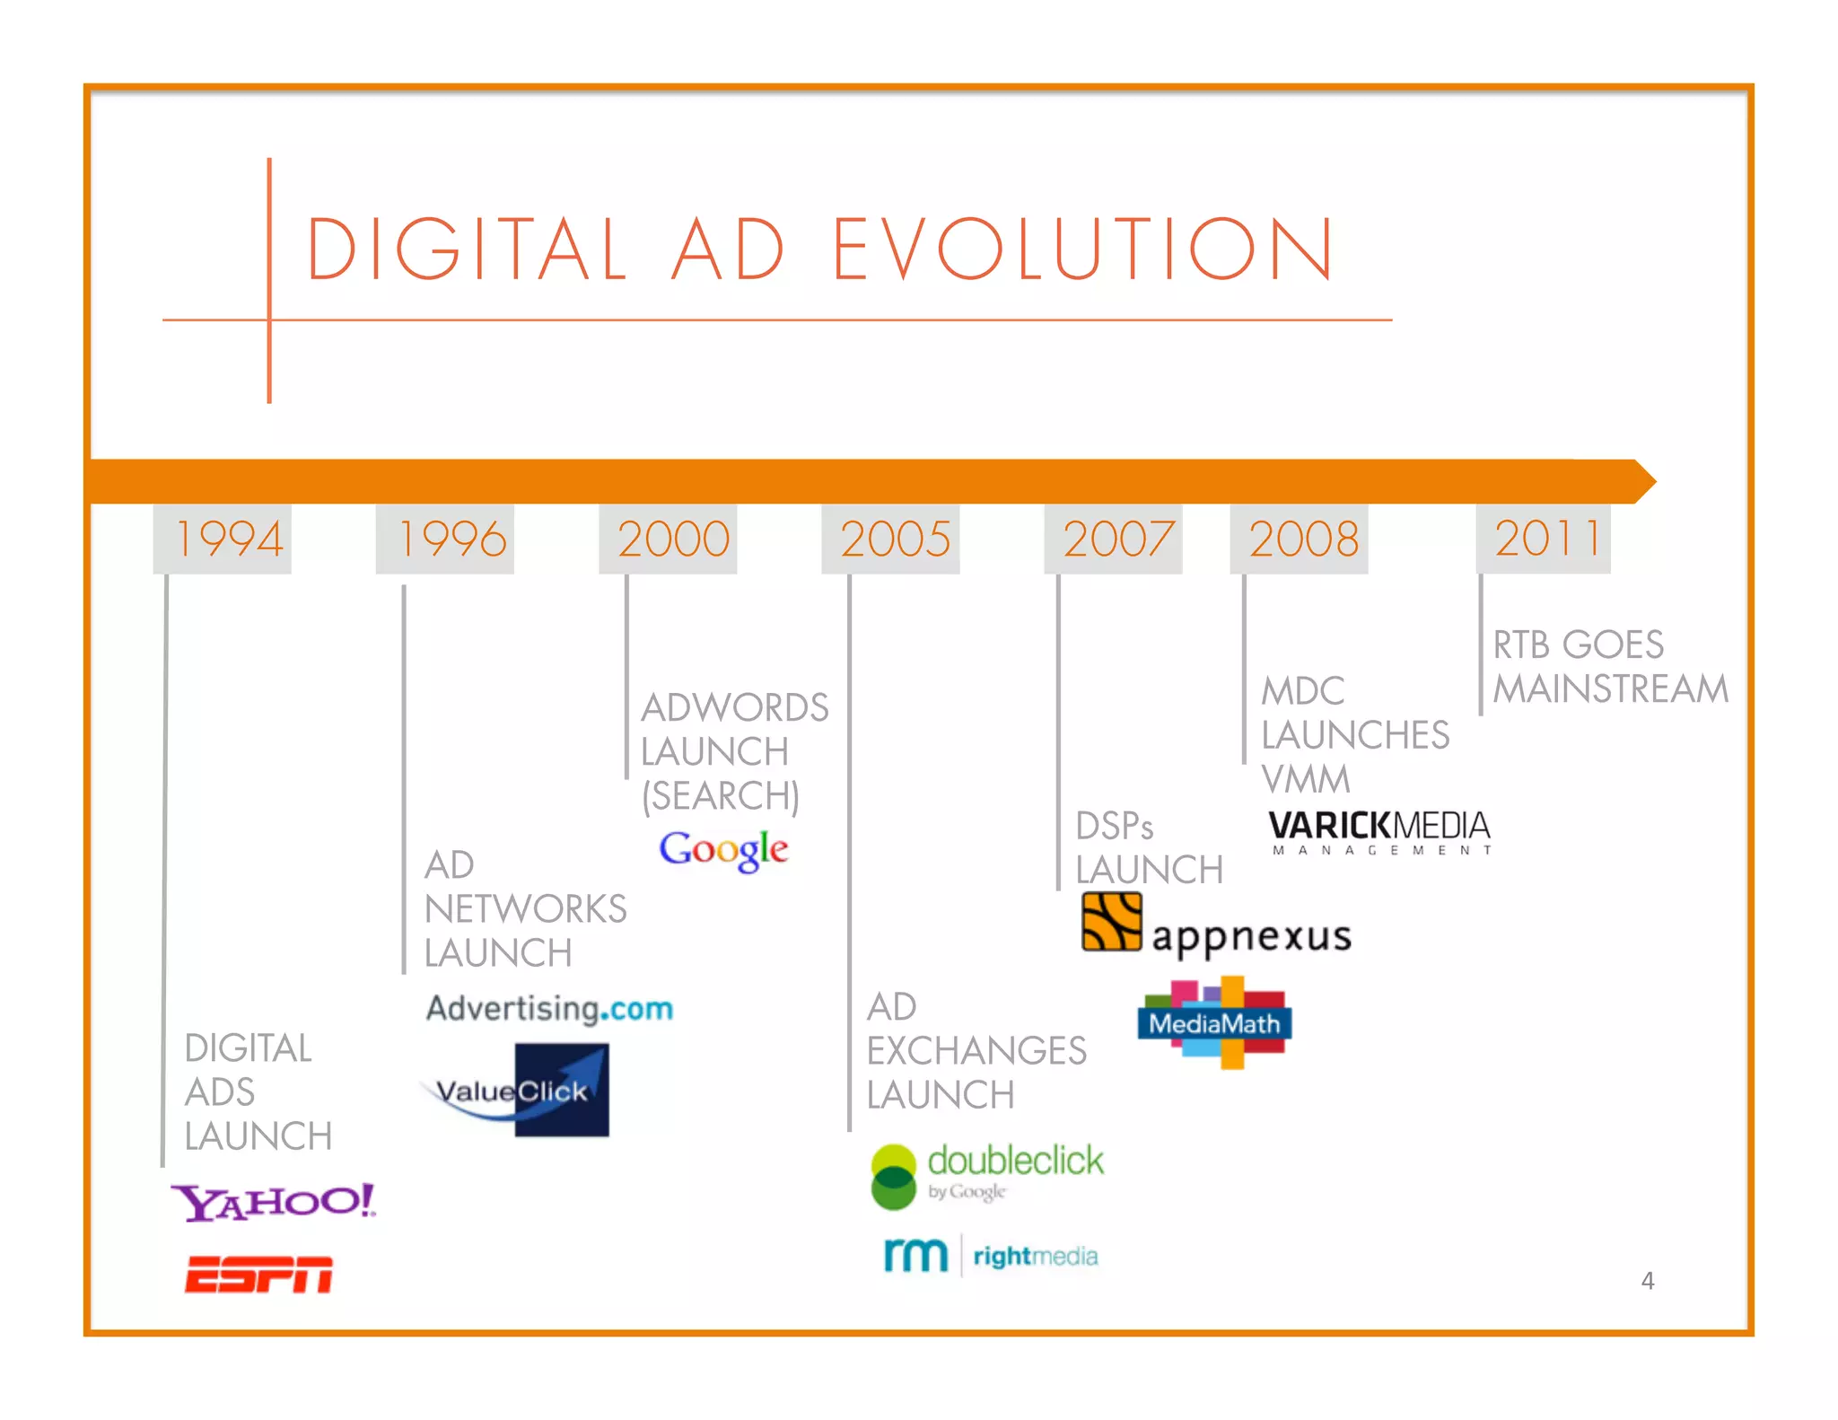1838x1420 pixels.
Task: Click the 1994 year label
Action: click(228, 539)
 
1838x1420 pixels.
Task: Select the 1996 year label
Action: click(451, 539)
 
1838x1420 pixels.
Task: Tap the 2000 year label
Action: click(673, 539)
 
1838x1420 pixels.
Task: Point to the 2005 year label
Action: click(895, 539)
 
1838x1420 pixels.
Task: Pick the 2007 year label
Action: click(1117, 539)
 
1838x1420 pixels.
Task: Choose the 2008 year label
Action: click(1303, 539)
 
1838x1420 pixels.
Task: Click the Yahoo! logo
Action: click(273, 1202)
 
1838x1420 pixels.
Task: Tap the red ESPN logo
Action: click(258, 1275)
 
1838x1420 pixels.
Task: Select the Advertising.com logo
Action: click(549, 1008)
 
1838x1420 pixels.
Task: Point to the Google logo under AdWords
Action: click(723, 849)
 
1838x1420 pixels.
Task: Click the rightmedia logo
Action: click(991, 1255)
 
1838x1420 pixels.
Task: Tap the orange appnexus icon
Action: click(1111, 922)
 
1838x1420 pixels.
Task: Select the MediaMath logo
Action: click(1214, 1023)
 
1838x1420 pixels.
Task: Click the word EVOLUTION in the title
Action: click(1082, 250)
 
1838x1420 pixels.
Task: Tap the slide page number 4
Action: click(1648, 1280)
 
